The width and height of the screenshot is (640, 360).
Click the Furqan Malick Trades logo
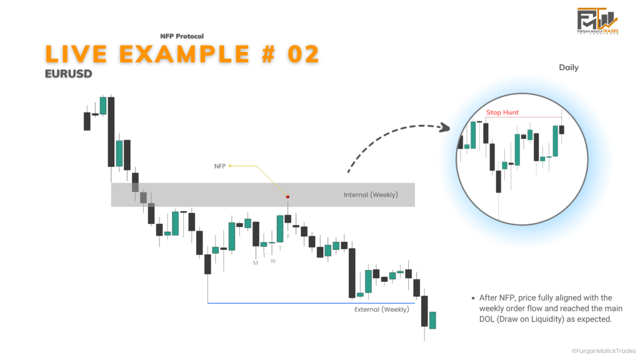pyautogui.click(x=597, y=21)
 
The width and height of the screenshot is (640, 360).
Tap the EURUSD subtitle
pyautogui.click(x=69, y=74)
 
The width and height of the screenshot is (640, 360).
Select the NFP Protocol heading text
pyautogui.click(x=182, y=36)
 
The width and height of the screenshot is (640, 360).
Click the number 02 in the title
pyautogui.click(x=303, y=54)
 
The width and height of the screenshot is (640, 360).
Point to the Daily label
pyautogui.click(x=569, y=67)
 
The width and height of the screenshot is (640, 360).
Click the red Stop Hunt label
pyautogui.click(x=502, y=112)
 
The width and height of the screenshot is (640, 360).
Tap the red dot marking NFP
pyautogui.click(x=287, y=197)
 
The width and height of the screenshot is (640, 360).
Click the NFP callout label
pyautogui.click(x=220, y=166)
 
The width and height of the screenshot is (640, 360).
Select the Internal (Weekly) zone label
pyautogui.click(x=371, y=195)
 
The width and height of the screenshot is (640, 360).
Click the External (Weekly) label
pyautogui.click(x=382, y=310)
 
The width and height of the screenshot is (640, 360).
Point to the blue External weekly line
pyautogui.click(x=311, y=303)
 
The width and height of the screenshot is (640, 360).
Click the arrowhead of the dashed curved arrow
pyautogui.click(x=445, y=127)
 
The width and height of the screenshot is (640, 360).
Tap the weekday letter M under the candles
pyautogui.click(x=256, y=263)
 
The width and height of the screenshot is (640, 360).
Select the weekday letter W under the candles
pyautogui.click(x=273, y=261)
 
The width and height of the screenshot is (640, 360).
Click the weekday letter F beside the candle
pyautogui.click(x=289, y=236)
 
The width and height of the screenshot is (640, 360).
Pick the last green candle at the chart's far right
pyautogui.click(x=432, y=321)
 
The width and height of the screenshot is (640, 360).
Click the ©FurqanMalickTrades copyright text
pyautogui.click(x=604, y=351)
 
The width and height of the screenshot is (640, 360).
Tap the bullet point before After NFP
pyautogui.click(x=473, y=298)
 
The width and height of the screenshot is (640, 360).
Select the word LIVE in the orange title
pyautogui.click(x=76, y=54)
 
